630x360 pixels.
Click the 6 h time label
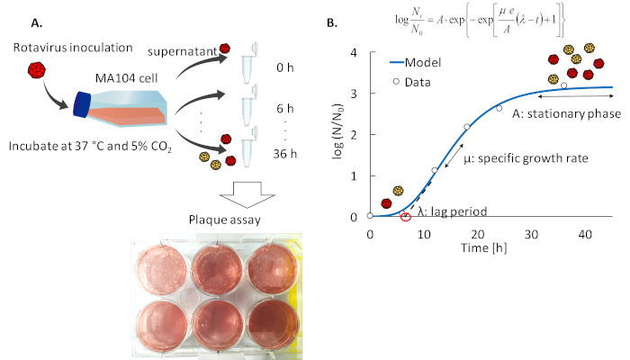pos(264,105)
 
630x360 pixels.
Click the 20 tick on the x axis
pos(477,234)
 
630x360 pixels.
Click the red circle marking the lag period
pos(406,216)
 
